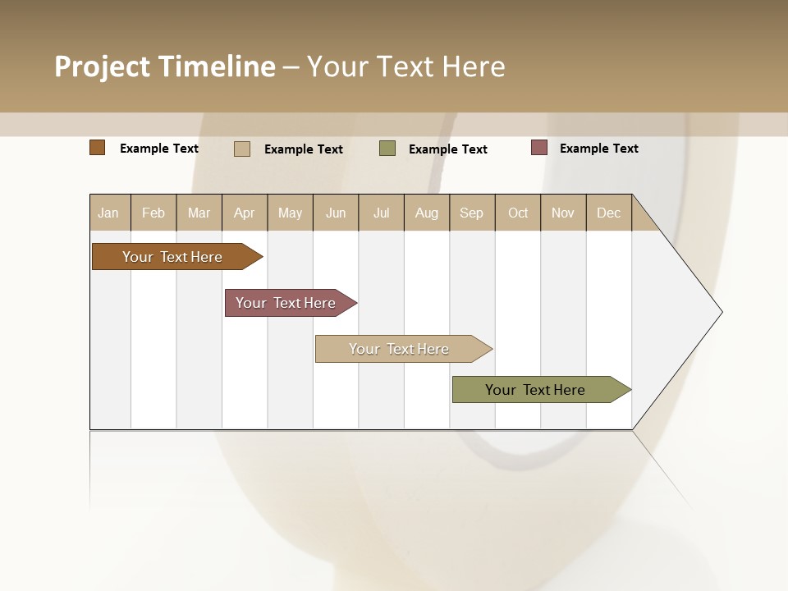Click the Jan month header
[109, 213]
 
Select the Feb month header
[153, 213]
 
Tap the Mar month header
[199, 213]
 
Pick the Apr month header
[245, 213]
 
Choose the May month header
[290, 213]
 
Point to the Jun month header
[336, 213]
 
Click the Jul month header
[381, 213]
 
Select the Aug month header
[427, 213]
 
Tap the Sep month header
[472, 213]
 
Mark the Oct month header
[518, 213]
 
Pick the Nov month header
[563, 213]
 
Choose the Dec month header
[608, 213]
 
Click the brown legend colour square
[98, 148]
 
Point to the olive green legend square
[387, 149]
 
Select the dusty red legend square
[539, 148]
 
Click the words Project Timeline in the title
[165, 66]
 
